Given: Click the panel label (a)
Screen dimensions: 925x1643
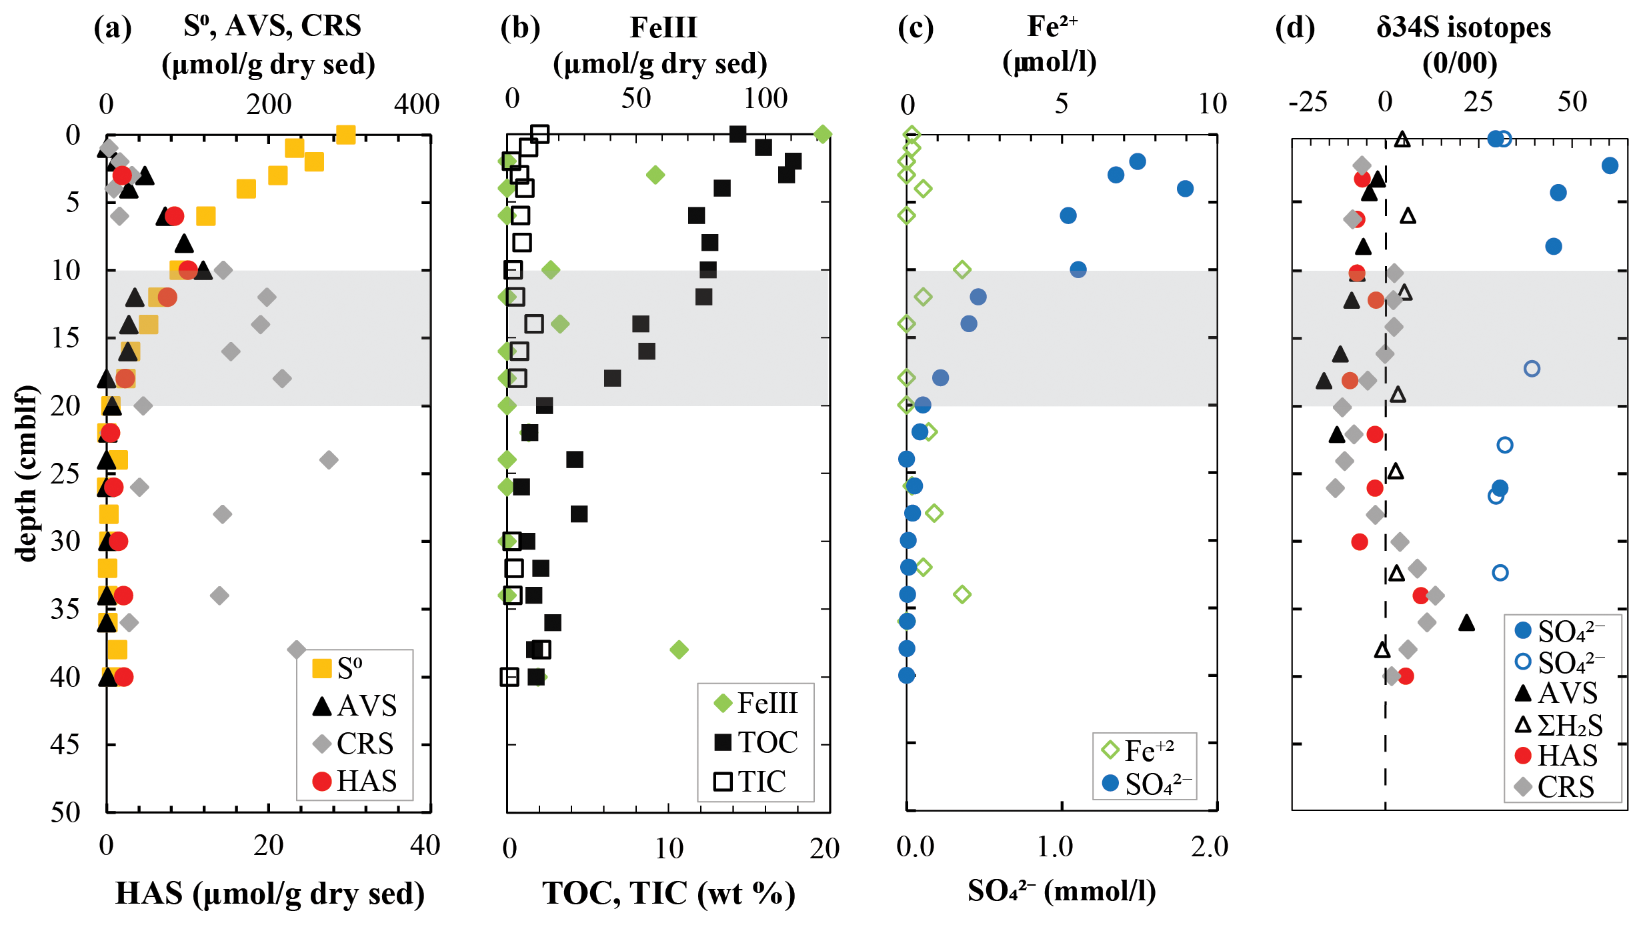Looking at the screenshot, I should tap(113, 29).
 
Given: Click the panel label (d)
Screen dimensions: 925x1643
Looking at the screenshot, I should tap(1294, 29).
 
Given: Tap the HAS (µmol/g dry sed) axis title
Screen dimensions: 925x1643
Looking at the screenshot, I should tap(269, 894).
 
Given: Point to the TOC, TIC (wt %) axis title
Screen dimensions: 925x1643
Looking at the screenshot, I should tap(668, 894).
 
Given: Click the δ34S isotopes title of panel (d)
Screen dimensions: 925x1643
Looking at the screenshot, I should tap(1463, 28).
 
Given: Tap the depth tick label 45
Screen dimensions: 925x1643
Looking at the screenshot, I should tap(65, 744).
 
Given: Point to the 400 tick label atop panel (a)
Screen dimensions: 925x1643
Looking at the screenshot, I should tap(417, 105).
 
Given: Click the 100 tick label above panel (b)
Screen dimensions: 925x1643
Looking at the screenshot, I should tap(765, 99).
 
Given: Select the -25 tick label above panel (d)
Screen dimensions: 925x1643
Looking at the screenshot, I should tap(1308, 103).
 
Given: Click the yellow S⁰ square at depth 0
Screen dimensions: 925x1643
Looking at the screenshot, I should tap(345, 135).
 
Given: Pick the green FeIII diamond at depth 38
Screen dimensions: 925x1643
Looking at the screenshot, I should tap(679, 650).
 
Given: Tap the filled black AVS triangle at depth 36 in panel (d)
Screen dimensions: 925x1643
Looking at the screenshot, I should tap(1466, 623).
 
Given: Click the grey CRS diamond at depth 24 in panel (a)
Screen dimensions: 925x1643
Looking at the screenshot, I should tap(329, 459).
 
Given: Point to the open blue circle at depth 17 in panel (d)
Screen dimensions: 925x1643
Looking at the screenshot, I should tap(1532, 369).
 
